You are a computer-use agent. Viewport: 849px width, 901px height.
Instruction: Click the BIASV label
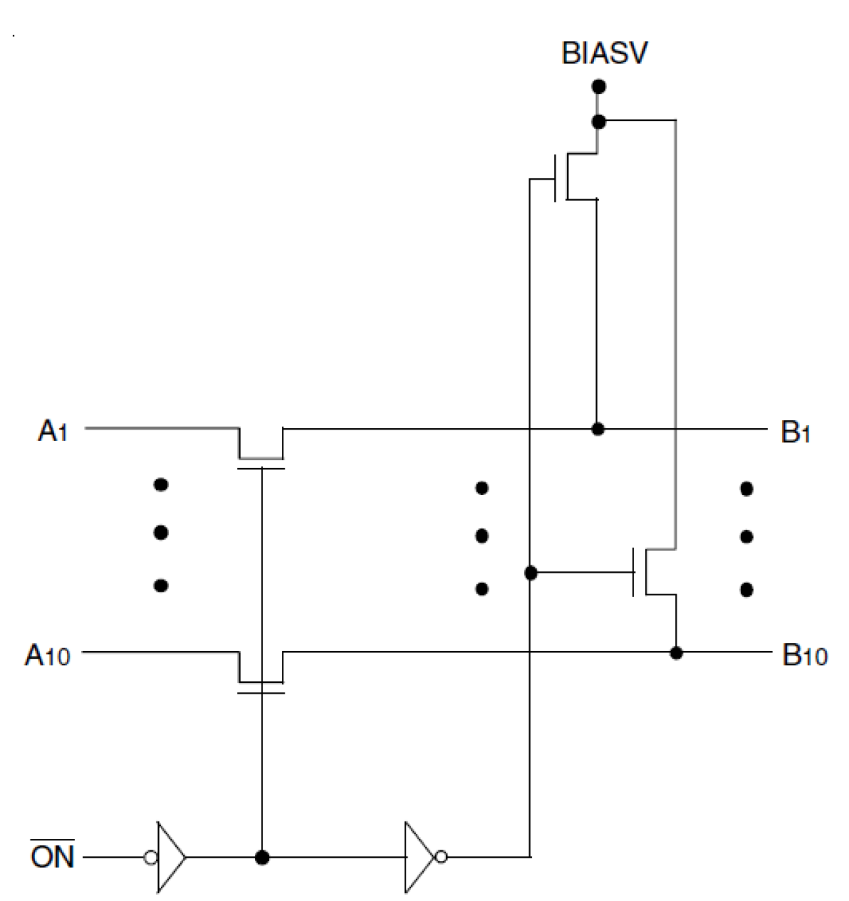(x=604, y=53)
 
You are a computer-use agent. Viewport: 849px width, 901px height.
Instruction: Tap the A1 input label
(x=53, y=430)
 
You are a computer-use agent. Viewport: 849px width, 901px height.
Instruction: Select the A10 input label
(x=47, y=654)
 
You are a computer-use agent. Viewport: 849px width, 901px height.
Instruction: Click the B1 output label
(x=795, y=432)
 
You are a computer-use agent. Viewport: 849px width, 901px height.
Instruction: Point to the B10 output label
(x=804, y=655)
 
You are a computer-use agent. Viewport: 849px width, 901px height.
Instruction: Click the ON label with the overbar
(x=52, y=856)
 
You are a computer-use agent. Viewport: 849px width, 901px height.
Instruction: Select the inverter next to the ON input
(x=170, y=857)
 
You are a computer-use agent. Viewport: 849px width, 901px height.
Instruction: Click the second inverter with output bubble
(x=420, y=857)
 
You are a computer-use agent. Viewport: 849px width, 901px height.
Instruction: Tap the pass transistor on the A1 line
(x=261, y=449)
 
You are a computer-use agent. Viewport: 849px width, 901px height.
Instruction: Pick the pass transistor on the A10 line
(x=261, y=673)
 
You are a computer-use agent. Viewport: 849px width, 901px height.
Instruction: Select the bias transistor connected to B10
(x=652, y=572)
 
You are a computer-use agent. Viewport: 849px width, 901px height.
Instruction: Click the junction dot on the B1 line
(x=598, y=429)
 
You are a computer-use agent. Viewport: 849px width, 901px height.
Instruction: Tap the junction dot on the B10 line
(x=676, y=652)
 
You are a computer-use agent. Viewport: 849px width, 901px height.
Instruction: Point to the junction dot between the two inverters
(x=262, y=857)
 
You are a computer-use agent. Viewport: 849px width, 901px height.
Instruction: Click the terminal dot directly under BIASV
(x=598, y=86)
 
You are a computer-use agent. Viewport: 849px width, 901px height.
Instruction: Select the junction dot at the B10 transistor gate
(x=531, y=573)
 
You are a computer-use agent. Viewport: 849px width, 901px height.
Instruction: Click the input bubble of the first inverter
(x=151, y=857)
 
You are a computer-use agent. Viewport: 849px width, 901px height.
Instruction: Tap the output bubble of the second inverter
(x=441, y=857)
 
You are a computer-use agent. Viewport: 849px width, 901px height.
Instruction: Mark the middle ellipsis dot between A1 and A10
(x=161, y=533)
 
